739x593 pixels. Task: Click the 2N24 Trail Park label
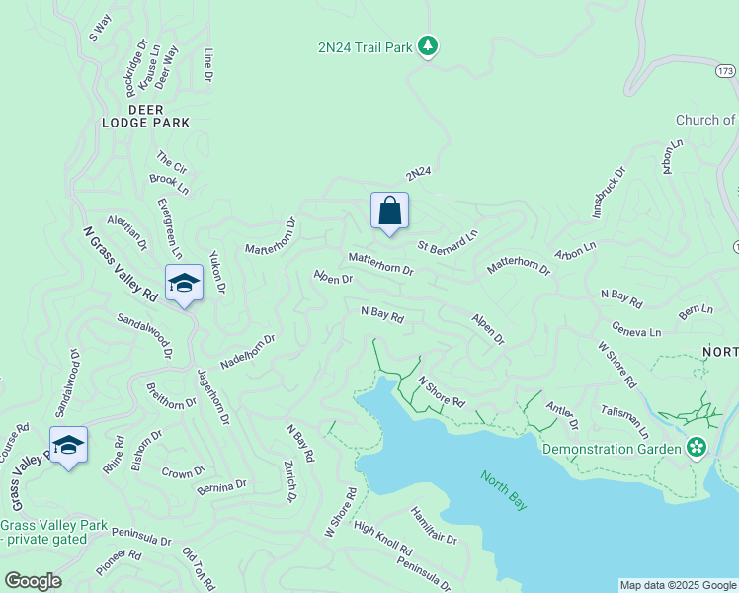tap(364, 47)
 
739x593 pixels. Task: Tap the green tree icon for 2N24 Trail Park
tap(428, 46)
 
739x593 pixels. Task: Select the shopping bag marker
tap(389, 211)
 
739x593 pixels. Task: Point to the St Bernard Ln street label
tap(448, 238)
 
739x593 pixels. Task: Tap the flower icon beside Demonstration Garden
tap(698, 448)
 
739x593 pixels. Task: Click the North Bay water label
tap(504, 490)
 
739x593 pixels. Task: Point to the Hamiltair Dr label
tap(434, 527)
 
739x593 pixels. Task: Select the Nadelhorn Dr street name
tap(247, 351)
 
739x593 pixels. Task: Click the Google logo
tap(33, 581)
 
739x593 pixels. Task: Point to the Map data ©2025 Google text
tap(678, 585)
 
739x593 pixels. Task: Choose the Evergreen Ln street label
tap(170, 228)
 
